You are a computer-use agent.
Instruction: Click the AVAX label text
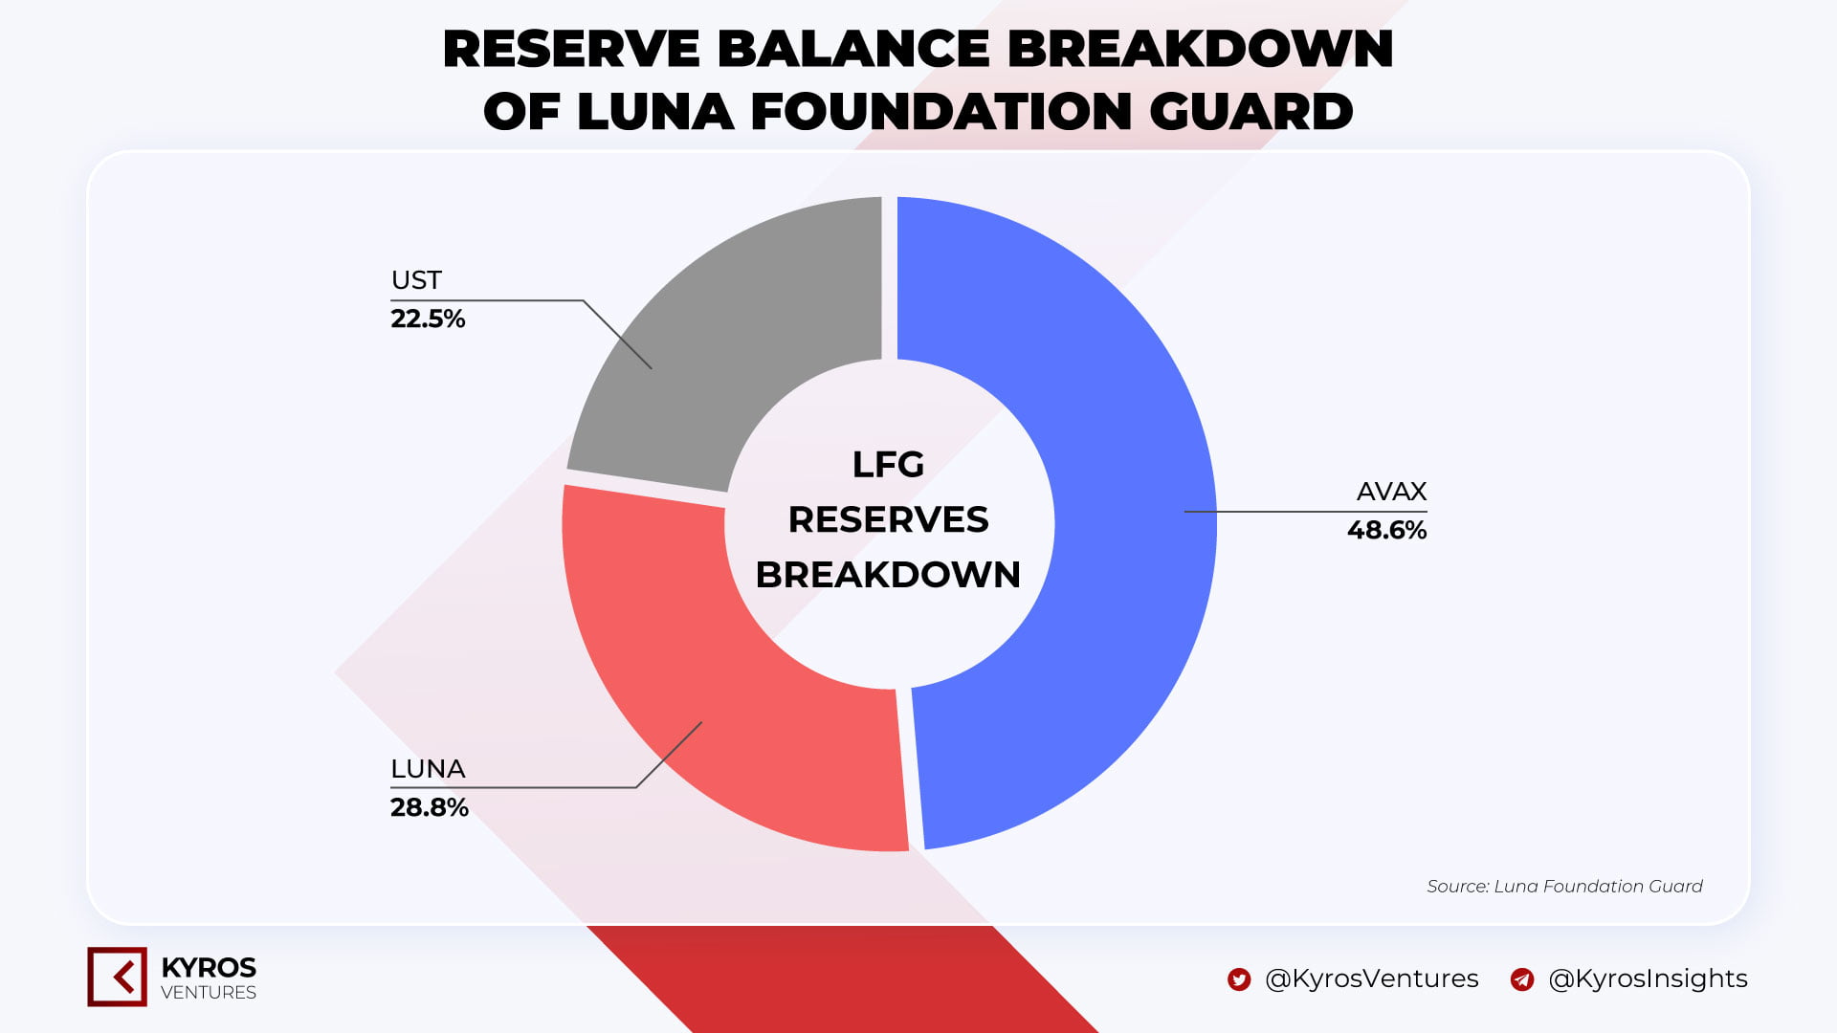(x=1391, y=492)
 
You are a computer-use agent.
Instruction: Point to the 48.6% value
(x=1386, y=530)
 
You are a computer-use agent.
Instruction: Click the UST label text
(x=416, y=280)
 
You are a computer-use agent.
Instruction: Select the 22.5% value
(x=428, y=319)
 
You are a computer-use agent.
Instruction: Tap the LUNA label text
(x=428, y=769)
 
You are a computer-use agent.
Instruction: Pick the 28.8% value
(x=430, y=807)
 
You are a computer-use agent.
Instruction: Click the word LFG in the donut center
(x=888, y=465)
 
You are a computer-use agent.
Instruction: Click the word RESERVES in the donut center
(x=888, y=519)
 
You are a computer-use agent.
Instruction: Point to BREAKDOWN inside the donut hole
(x=888, y=575)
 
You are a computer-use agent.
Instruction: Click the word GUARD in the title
(x=1250, y=111)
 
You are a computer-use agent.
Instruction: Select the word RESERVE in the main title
(x=571, y=49)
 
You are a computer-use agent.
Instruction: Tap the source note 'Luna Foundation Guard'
(x=1598, y=887)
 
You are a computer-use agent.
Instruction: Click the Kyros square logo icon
(x=117, y=977)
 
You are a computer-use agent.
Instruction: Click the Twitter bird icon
(x=1239, y=979)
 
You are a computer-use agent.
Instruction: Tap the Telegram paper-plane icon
(x=1522, y=979)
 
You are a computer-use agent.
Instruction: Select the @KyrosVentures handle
(x=1372, y=978)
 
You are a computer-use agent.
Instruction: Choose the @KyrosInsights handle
(x=1648, y=978)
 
